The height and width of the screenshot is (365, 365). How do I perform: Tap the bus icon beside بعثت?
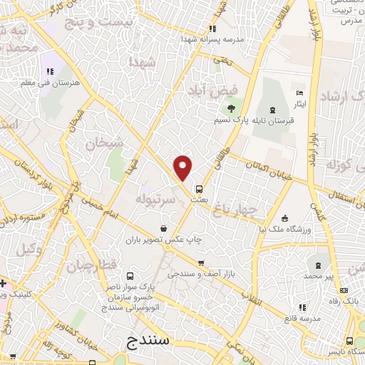coord(199,190)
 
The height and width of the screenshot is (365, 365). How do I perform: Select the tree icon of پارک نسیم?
coord(231,108)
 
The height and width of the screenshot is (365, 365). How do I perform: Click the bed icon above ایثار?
coord(300,94)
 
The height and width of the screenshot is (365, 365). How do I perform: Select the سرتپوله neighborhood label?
coord(156,197)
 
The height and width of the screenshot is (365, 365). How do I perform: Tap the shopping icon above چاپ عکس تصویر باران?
coord(164,228)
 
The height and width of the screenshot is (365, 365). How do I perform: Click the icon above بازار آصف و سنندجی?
coord(200,262)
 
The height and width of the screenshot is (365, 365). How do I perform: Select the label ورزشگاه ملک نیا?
coord(284,230)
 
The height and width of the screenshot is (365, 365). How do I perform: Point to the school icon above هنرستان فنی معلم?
coord(50,71)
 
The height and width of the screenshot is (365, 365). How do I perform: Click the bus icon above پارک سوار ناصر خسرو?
coord(129,276)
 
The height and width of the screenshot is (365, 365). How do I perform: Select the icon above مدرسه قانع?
coord(302,307)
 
